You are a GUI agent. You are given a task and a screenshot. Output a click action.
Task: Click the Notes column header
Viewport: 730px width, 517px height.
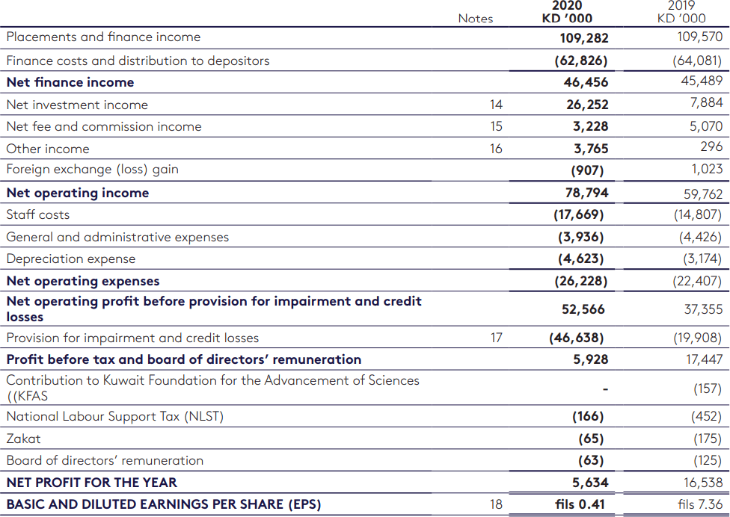(476, 18)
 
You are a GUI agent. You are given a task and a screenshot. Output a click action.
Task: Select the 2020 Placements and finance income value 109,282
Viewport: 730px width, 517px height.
(584, 37)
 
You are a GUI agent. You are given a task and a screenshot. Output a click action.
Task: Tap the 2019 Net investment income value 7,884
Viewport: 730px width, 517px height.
(706, 102)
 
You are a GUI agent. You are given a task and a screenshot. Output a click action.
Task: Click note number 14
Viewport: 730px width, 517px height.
(496, 105)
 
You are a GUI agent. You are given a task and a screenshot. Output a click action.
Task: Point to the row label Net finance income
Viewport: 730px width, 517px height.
(70, 82)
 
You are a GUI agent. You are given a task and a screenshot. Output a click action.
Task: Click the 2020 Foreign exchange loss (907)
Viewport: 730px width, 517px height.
(587, 170)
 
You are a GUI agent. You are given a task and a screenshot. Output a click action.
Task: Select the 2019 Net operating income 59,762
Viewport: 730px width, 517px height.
(702, 194)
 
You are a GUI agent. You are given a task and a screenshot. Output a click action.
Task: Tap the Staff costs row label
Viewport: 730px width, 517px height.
(38, 214)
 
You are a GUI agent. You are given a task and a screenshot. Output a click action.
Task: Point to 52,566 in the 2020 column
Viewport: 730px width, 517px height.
(583, 309)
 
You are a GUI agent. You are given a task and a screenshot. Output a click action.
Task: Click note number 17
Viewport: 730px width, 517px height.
(496, 338)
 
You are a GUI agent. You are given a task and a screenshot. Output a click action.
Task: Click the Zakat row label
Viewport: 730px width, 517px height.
(24, 439)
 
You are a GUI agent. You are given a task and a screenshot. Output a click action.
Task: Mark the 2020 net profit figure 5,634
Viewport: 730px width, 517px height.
(590, 483)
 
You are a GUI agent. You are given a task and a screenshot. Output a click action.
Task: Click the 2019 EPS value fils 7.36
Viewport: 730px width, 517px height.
(700, 504)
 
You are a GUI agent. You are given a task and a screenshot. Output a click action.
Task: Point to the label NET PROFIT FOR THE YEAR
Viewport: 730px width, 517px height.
(92, 483)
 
